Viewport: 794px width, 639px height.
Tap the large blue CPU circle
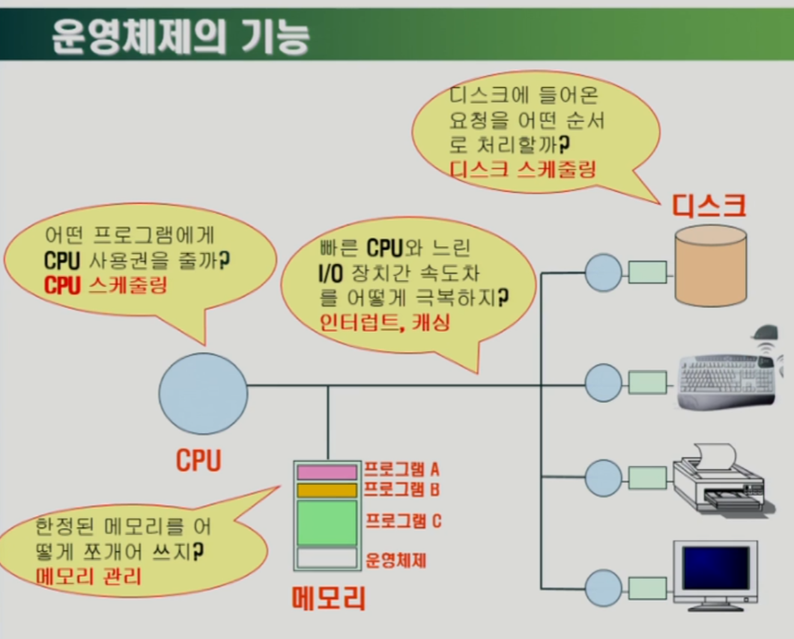click(203, 393)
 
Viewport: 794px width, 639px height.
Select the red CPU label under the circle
click(198, 459)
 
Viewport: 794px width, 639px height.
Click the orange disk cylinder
click(710, 266)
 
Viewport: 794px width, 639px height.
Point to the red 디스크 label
click(709, 205)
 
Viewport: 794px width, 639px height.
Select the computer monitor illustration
click(715, 573)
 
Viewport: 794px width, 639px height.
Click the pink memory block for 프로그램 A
click(327, 472)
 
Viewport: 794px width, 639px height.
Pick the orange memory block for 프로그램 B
click(327, 490)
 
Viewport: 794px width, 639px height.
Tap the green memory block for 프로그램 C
click(327, 523)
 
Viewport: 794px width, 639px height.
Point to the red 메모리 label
click(328, 596)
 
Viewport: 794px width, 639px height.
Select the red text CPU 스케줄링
click(106, 285)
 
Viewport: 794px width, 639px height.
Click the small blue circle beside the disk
click(603, 272)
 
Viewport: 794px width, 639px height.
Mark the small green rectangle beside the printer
click(648, 476)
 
